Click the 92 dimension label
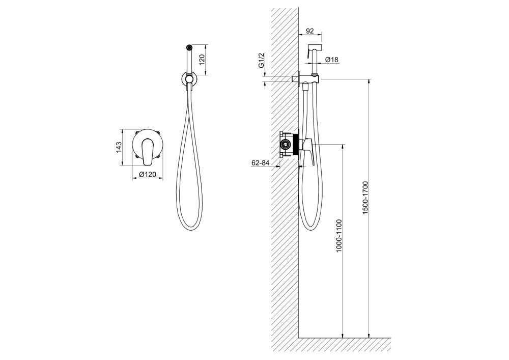pos(310,31)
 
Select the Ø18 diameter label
pos(331,60)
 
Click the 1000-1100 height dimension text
pos(339,236)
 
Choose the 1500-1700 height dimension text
pos(365,198)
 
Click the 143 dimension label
pos(119,147)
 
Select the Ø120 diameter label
pos(148,174)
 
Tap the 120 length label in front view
pos(202,60)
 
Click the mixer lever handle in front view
pos(147,150)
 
